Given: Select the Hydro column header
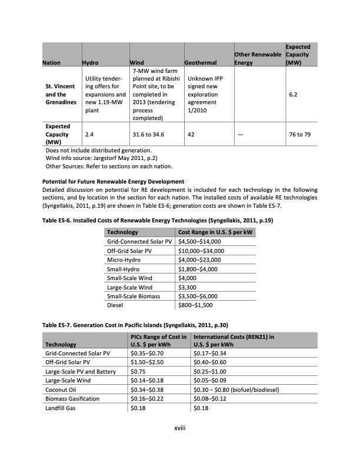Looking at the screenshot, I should [x=90, y=62].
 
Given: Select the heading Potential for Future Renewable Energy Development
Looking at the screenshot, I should [x=114, y=181].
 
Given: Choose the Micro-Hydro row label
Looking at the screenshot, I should [x=124, y=259].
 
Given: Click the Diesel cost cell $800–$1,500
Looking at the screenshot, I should [x=195, y=305].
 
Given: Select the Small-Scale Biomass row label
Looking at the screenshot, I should [x=133, y=296].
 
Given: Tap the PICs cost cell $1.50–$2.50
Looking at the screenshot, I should [x=145, y=362].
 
